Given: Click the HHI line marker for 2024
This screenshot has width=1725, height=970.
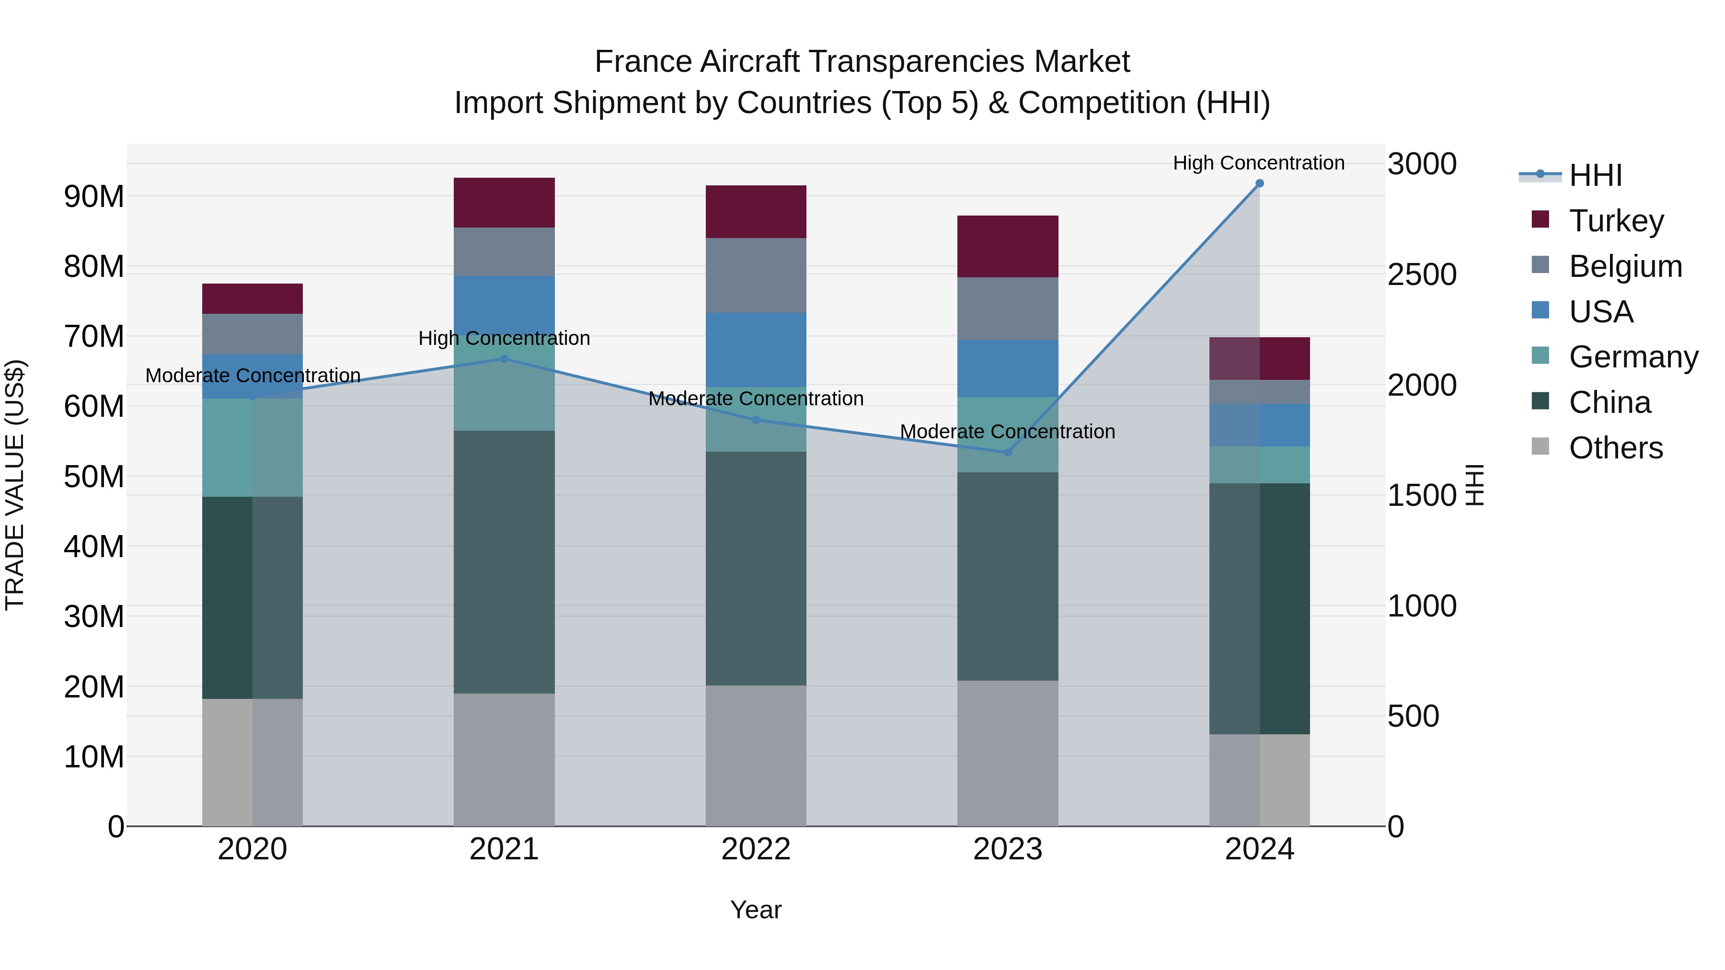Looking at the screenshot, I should [1259, 183].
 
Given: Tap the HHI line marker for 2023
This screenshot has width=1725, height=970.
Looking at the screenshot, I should [1007, 453].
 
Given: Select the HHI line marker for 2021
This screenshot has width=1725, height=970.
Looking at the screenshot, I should [504, 359].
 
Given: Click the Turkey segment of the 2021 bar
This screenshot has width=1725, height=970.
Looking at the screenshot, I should [504, 202].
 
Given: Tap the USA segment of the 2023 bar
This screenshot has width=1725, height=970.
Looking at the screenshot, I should [1007, 368].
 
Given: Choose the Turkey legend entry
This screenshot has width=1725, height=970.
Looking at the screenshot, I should [1615, 221].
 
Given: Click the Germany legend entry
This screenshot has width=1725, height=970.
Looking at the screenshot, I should [1633, 357].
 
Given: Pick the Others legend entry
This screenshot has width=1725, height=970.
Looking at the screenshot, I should [1615, 448].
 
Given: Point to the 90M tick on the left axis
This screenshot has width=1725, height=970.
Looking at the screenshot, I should [94, 197].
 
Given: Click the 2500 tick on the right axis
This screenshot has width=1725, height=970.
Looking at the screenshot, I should [1422, 274].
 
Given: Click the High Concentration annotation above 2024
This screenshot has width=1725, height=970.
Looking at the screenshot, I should [1258, 163].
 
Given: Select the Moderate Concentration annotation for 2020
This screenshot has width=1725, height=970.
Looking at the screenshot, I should [253, 376].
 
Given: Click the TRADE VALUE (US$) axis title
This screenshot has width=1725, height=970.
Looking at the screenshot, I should [15, 485].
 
